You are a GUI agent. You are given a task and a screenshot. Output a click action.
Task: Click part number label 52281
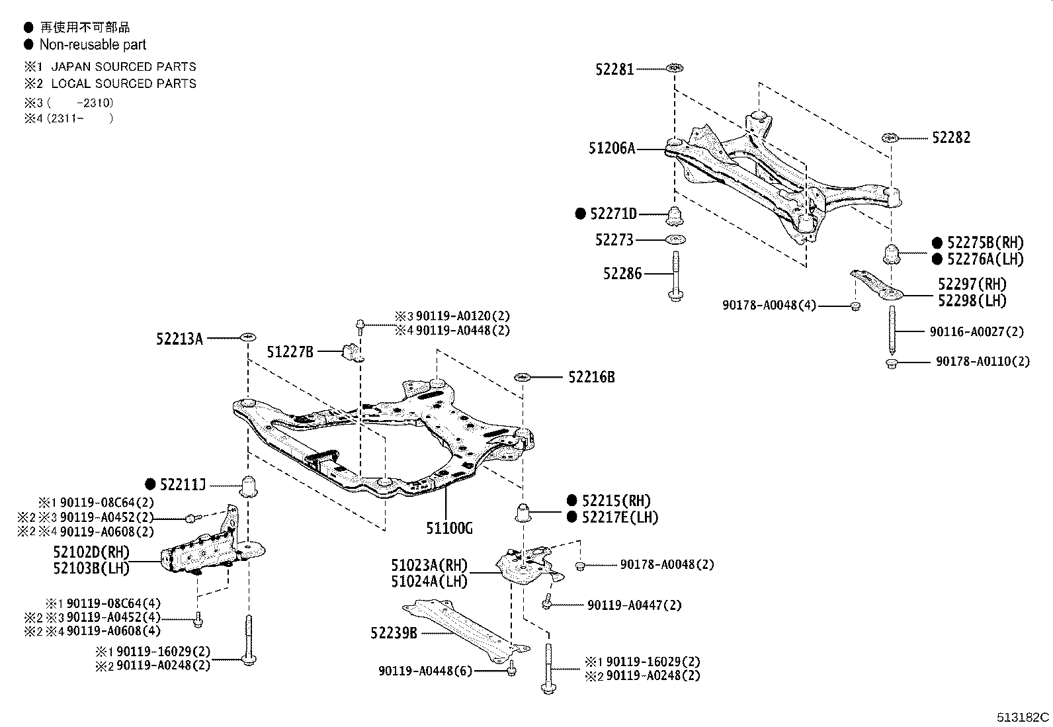tap(614, 69)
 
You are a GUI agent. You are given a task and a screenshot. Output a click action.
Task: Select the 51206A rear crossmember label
tap(611, 149)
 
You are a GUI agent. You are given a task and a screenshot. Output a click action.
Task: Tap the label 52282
tap(951, 138)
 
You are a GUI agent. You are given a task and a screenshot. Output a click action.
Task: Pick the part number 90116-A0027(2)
tap(976, 332)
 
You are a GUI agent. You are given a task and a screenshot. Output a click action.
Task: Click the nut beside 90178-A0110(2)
tap(891, 363)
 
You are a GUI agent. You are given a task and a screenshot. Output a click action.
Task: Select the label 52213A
tap(179, 339)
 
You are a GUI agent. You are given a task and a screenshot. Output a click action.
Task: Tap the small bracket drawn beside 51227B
tap(353, 353)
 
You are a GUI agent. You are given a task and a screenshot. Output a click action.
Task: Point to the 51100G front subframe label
tap(450, 528)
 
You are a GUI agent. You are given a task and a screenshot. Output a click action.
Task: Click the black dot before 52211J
tap(150, 485)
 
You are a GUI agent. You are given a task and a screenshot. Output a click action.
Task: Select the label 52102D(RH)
tap(91, 552)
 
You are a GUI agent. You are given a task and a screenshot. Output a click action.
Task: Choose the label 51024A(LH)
tap(429, 581)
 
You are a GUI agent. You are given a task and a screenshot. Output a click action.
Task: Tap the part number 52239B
tap(394, 633)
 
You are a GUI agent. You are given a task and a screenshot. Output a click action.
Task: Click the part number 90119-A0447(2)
tap(634, 605)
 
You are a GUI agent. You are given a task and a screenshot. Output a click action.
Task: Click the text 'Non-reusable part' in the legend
tap(93, 44)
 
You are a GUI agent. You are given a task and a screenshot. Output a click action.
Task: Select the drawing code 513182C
tap(1023, 717)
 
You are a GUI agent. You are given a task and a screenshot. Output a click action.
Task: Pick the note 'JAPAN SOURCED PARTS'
tap(124, 67)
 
